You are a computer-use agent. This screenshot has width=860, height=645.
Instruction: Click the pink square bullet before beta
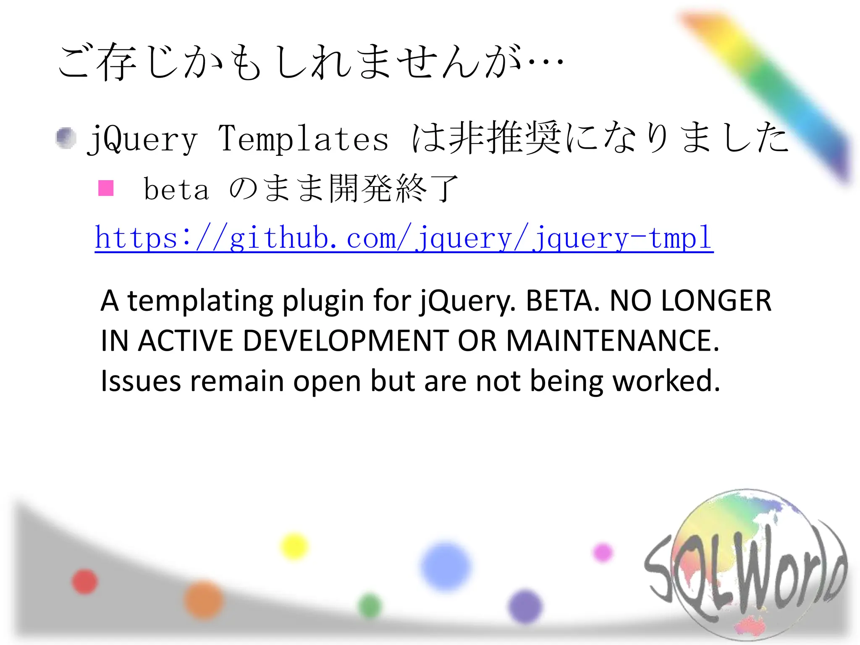pyautogui.click(x=106, y=188)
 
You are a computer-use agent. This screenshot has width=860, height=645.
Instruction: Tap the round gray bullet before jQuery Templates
pyautogui.click(x=66, y=138)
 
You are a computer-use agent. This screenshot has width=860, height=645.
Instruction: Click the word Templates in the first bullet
pyautogui.click(x=303, y=139)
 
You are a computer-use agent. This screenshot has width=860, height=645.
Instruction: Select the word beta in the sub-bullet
pyautogui.click(x=176, y=189)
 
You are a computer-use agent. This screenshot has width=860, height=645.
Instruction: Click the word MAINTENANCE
pyautogui.click(x=613, y=341)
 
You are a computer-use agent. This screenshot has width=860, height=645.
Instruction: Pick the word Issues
pyautogui.click(x=141, y=381)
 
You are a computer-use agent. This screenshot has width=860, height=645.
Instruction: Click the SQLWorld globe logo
pyautogui.click(x=746, y=565)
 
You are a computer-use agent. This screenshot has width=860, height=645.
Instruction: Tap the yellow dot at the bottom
pyautogui.click(x=294, y=546)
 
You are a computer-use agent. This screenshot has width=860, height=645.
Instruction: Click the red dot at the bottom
pyautogui.click(x=85, y=582)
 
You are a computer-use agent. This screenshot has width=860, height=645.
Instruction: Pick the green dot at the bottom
pyautogui.click(x=370, y=606)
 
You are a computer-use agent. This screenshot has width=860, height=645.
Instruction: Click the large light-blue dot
pyautogui.click(x=446, y=566)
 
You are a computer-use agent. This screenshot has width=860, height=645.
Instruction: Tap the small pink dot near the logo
pyautogui.click(x=603, y=553)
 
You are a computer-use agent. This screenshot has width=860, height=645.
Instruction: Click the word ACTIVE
pyautogui.click(x=185, y=341)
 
